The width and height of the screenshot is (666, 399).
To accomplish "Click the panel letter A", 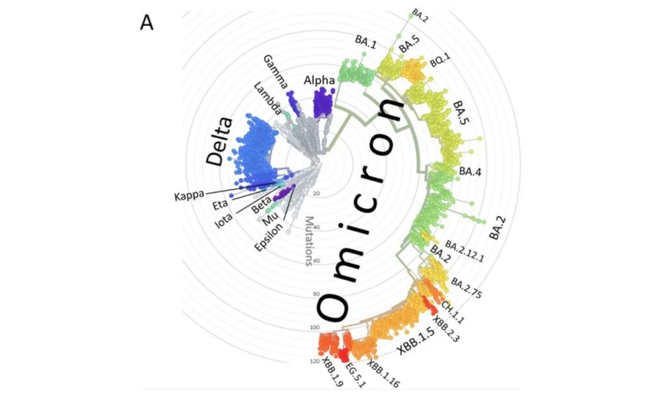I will tap(146, 23).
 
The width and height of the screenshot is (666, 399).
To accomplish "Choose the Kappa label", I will tap(189, 195).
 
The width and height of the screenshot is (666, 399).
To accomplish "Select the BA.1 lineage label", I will tap(366, 40).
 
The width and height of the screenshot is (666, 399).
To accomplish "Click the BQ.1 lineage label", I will tap(440, 62).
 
